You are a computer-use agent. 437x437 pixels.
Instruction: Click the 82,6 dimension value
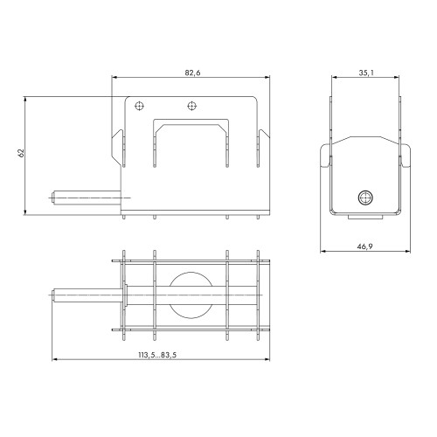(192, 73)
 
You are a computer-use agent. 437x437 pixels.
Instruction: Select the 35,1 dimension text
(366, 73)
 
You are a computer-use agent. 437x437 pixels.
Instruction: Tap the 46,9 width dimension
(364, 246)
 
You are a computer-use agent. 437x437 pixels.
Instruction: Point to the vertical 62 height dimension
(21, 153)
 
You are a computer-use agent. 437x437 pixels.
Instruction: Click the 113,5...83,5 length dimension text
(157, 355)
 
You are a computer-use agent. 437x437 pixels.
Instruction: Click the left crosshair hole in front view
(140, 106)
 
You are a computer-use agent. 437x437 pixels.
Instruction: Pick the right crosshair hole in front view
(191, 106)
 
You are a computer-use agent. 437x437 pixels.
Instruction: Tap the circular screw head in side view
(365, 198)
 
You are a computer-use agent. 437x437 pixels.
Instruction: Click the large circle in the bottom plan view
(191, 295)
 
